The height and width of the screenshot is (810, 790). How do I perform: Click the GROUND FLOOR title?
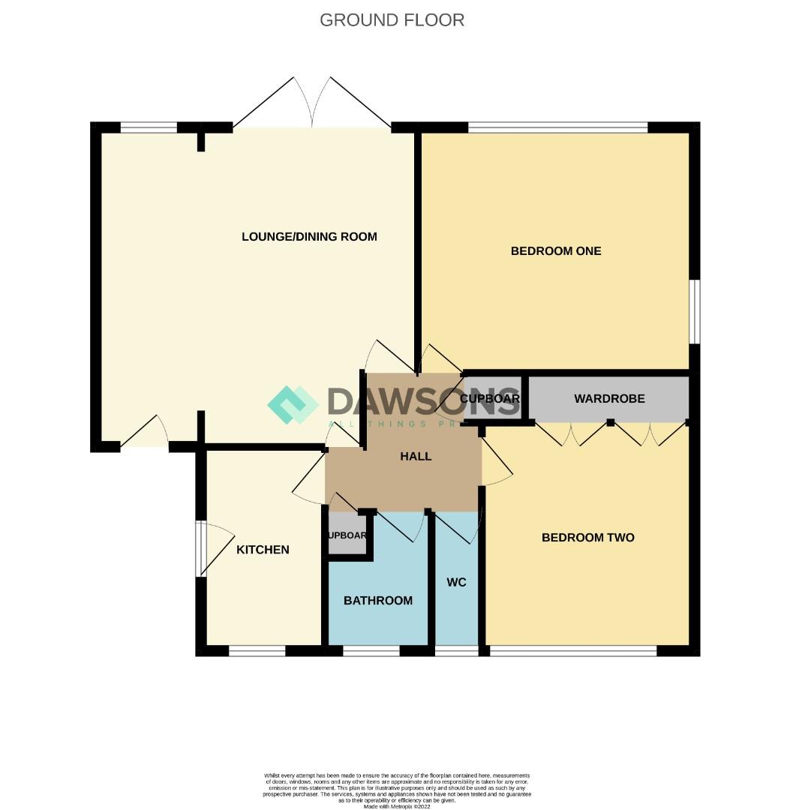tap(392, 20)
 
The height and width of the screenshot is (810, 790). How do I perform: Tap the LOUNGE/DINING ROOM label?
tap(309, 237)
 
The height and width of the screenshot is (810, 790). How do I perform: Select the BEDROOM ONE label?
tap(556, 251)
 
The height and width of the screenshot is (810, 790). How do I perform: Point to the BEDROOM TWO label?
tap(588, 538)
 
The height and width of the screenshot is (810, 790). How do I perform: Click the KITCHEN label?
tap(263, 550)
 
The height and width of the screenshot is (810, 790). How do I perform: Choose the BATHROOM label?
tap(378, 601)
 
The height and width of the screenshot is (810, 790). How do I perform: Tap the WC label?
tap(457, 583)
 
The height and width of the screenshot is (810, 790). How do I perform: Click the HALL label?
tap(416, 456)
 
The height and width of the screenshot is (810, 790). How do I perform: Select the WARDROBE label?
tap(609, 399)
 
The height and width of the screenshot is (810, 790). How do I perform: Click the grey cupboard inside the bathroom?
tap(347, 535)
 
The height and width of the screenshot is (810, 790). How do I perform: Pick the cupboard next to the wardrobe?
tap(492, 399)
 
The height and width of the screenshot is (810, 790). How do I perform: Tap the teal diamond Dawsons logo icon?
tap(293, 405)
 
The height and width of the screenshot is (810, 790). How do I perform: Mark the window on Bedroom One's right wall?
tap(695, 312)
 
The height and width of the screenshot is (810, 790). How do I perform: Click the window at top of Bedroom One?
tap(557, 127)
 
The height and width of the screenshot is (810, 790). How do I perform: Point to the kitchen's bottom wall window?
tap(257, 651)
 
